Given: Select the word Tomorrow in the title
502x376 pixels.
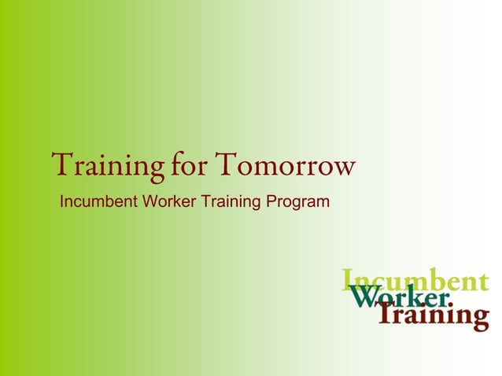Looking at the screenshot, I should point(285,166).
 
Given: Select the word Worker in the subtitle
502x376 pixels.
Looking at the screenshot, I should point(168,202).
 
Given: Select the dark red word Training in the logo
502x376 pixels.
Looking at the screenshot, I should point(433,315).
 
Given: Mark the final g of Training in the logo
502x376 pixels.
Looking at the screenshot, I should point(479,318).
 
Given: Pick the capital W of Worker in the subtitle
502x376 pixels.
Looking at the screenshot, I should point(149,202).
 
